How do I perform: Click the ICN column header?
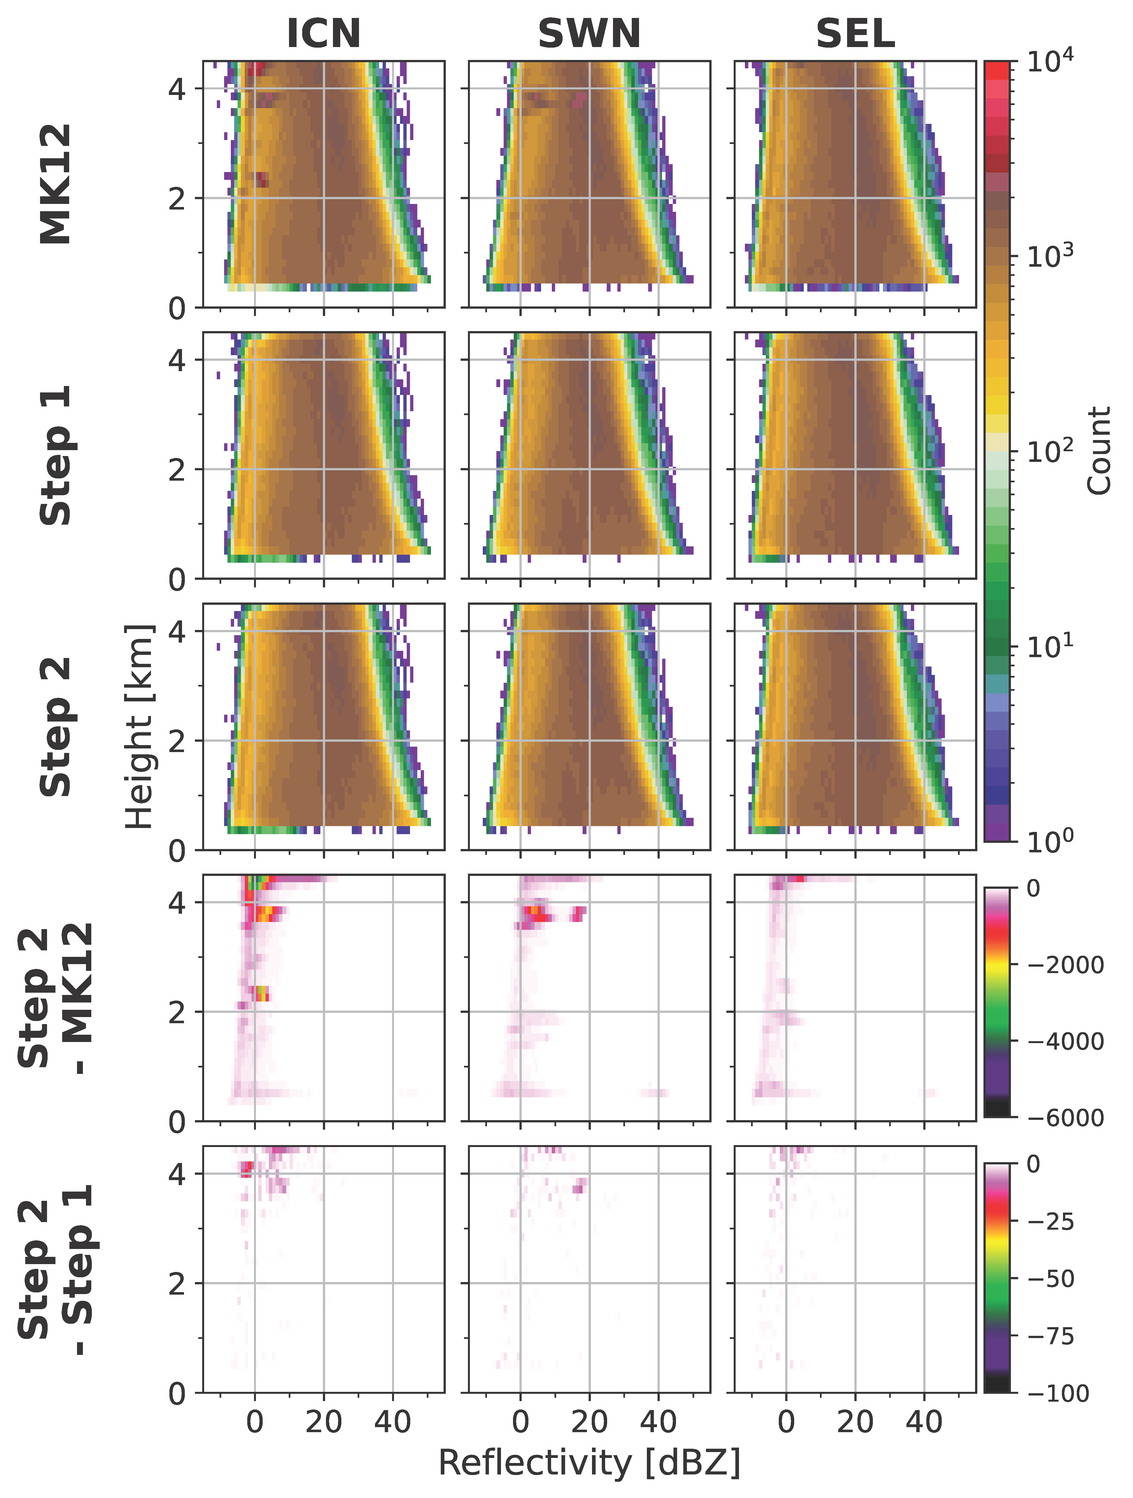[324, 34]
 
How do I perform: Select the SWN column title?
[589, 34]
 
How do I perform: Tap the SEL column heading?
[855, 34]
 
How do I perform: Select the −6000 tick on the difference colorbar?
[1065, 1117]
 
